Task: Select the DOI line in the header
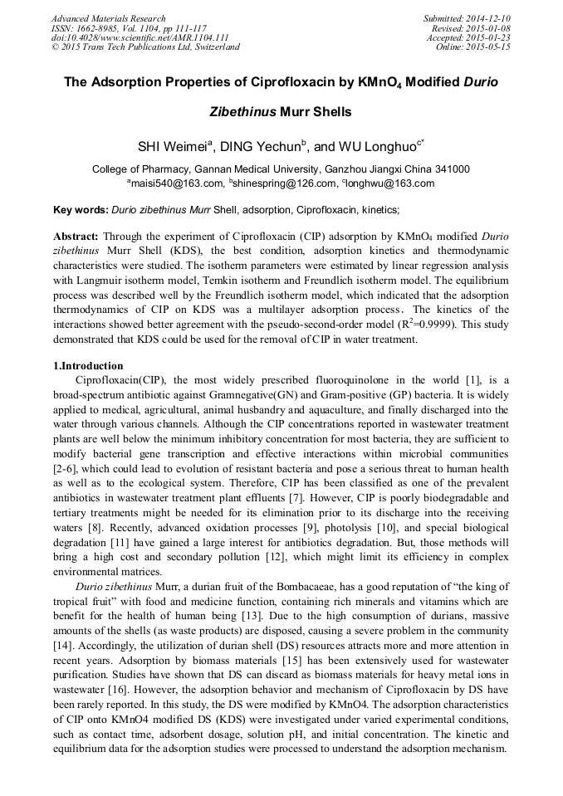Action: (x=140, y=37)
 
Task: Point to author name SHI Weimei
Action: (x=172, y=146)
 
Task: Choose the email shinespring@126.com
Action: (x=284, y=183)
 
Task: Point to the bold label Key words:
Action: (x=81, y=211)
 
